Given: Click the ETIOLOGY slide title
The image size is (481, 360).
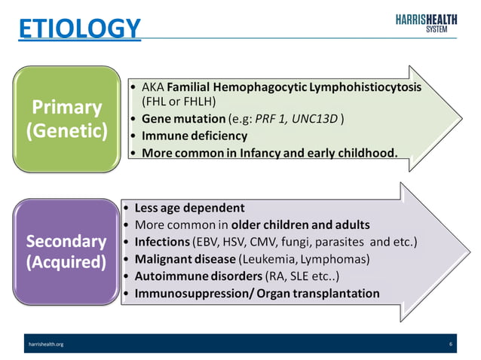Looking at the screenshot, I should point(79,28).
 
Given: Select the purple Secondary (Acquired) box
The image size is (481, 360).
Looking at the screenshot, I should point(66,252).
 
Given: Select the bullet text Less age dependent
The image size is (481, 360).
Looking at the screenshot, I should point(189,208).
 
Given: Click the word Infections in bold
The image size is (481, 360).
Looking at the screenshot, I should point(162,242).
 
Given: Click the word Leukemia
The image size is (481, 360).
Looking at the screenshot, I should point(265,259).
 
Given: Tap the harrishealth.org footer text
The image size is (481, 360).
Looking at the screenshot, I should point(45,343).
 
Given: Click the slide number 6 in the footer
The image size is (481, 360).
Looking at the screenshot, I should point(450,343).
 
